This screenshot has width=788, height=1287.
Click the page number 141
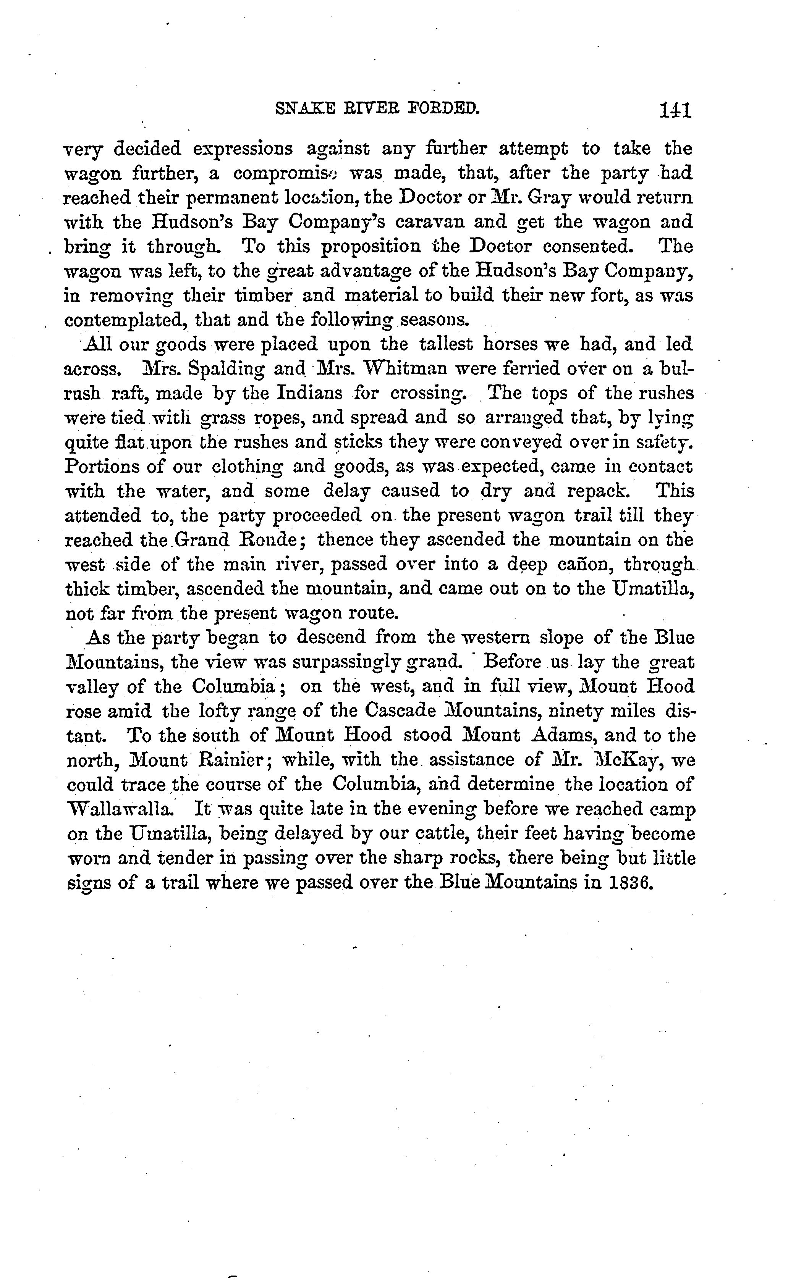[x=675, y=111]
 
